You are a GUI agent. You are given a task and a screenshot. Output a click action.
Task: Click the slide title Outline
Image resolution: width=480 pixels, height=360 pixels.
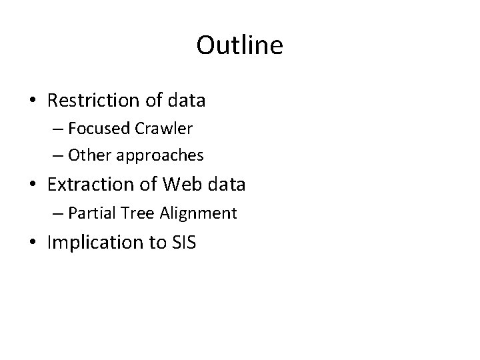240,45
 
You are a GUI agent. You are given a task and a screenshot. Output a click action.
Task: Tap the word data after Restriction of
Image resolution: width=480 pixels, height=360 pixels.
186,101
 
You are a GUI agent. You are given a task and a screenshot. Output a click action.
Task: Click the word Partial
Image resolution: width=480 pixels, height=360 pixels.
90,213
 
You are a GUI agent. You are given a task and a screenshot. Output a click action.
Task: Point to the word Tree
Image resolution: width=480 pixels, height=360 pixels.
133,213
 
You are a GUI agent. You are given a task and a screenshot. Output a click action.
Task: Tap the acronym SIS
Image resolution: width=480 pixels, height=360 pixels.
183,243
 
